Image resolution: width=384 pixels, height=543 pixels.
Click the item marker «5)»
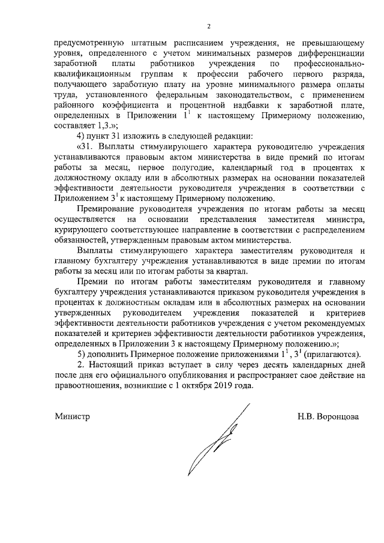[x=83, y=354]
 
